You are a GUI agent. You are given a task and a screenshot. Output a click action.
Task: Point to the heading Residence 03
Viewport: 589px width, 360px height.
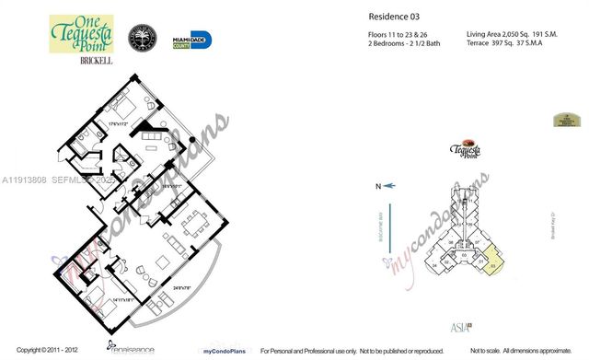point(372,16)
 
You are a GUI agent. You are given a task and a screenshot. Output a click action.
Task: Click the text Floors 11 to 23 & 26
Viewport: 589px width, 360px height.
point(377,32)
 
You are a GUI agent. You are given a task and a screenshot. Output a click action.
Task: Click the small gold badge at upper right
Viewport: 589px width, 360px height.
point(566,120)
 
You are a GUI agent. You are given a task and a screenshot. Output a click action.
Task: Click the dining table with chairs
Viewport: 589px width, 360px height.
point(196,225)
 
